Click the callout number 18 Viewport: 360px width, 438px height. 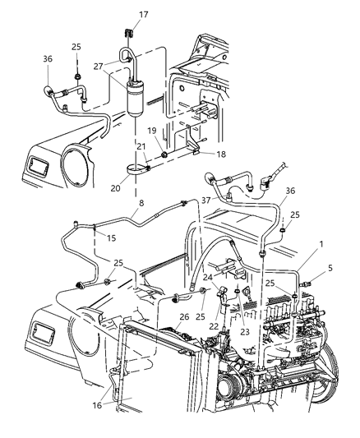(197, 154)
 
